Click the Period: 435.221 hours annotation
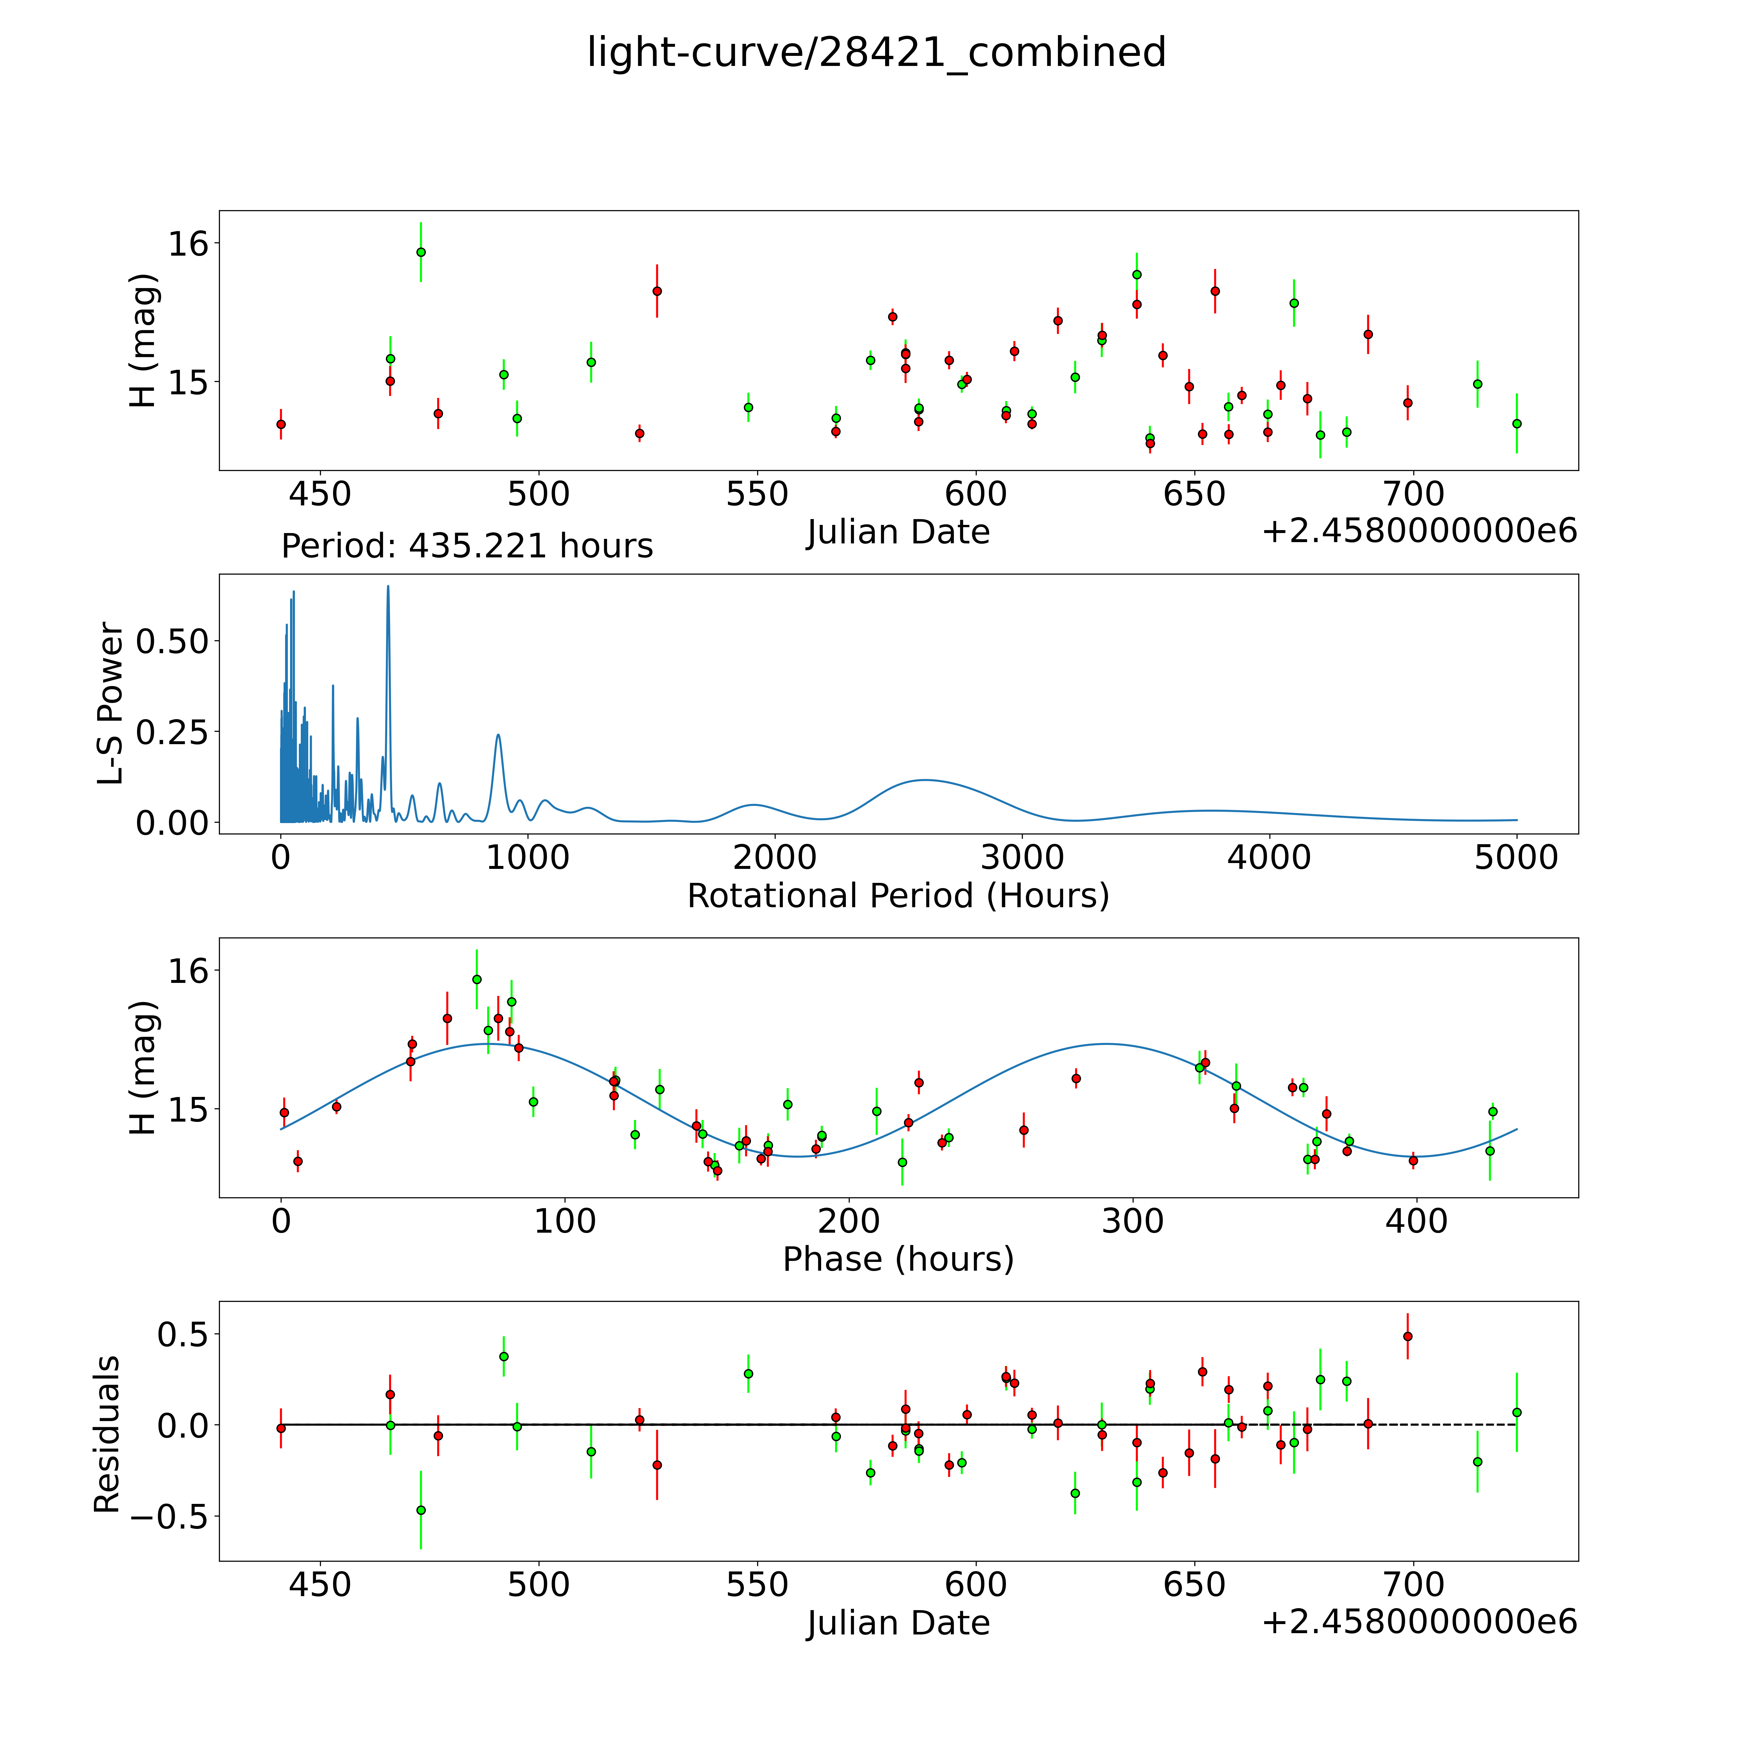467,546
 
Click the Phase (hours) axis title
898,1259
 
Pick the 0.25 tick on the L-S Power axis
172,732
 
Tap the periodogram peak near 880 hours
498,735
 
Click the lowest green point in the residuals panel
420,1510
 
